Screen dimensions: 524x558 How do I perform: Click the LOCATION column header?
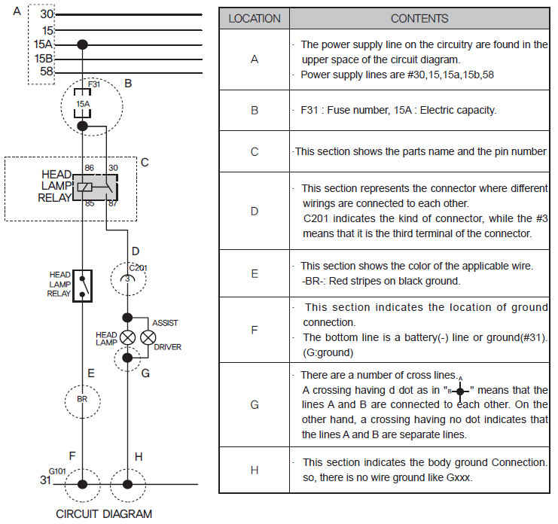tap(255, 18)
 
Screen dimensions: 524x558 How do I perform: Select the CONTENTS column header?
tap(419, 18)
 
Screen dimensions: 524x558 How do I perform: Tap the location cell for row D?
tap(255, 212)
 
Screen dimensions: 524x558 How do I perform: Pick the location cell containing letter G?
tap(255, 404)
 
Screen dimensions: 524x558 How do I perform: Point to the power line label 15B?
tap(44, 59)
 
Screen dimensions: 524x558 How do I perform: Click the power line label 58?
tap(47, 72)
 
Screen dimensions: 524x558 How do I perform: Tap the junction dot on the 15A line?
tap(83, 44)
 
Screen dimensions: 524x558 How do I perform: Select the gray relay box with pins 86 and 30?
tap(95, 187)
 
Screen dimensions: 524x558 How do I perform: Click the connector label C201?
tap(138, 267)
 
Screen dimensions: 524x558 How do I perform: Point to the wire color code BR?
tap(83, 398)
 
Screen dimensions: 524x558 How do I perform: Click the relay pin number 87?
tap(113, 203)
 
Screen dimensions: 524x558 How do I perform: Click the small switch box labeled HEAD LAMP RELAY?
tap(83, 285)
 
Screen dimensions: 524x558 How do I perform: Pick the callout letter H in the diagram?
tap(138, 456)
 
